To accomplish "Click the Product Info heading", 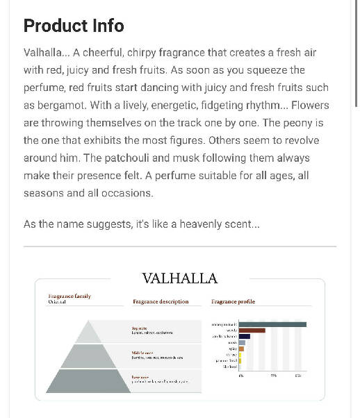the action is click(74, 26).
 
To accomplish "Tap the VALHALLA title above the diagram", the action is click(179, 278).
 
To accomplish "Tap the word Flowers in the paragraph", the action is click(311, 106).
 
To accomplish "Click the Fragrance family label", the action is click(69, 296).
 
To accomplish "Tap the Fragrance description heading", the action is click(161, 301).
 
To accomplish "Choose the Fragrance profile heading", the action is click(233, 301).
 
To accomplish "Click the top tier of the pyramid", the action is click(88, 333).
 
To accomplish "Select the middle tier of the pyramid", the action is click(88, 356).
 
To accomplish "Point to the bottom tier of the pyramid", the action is click(88, 381).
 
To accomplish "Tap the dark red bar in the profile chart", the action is click(252, 331).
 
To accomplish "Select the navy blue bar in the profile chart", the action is click(245, 336).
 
